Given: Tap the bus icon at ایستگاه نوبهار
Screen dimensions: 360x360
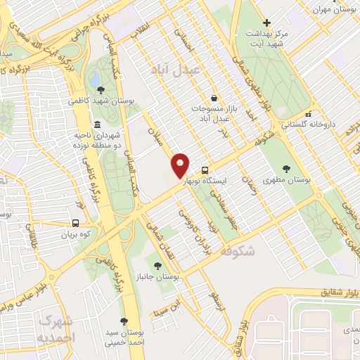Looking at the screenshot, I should pyautogui.click(x=205, y=170).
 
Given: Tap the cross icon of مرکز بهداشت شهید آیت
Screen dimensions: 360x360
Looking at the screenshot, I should pyautogui.click(x=265, y=23).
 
